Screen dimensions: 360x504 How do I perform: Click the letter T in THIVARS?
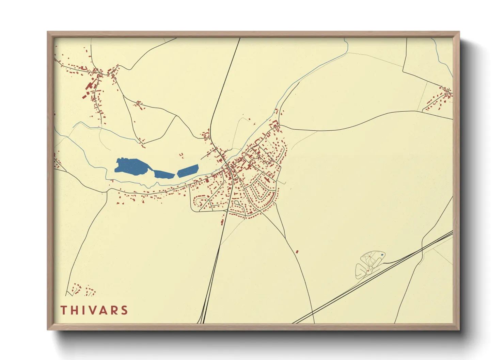coord(64,310)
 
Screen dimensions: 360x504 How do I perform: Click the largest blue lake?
coord(132,166)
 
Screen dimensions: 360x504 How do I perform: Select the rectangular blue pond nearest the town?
coord(188,170)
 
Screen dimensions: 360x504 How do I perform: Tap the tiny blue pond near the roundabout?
coord(382,255)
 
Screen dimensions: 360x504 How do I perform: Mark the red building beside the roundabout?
coord(375,262)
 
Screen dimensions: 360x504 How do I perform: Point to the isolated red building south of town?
coord(297,252)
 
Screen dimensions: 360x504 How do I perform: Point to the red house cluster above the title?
coord(82,289)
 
